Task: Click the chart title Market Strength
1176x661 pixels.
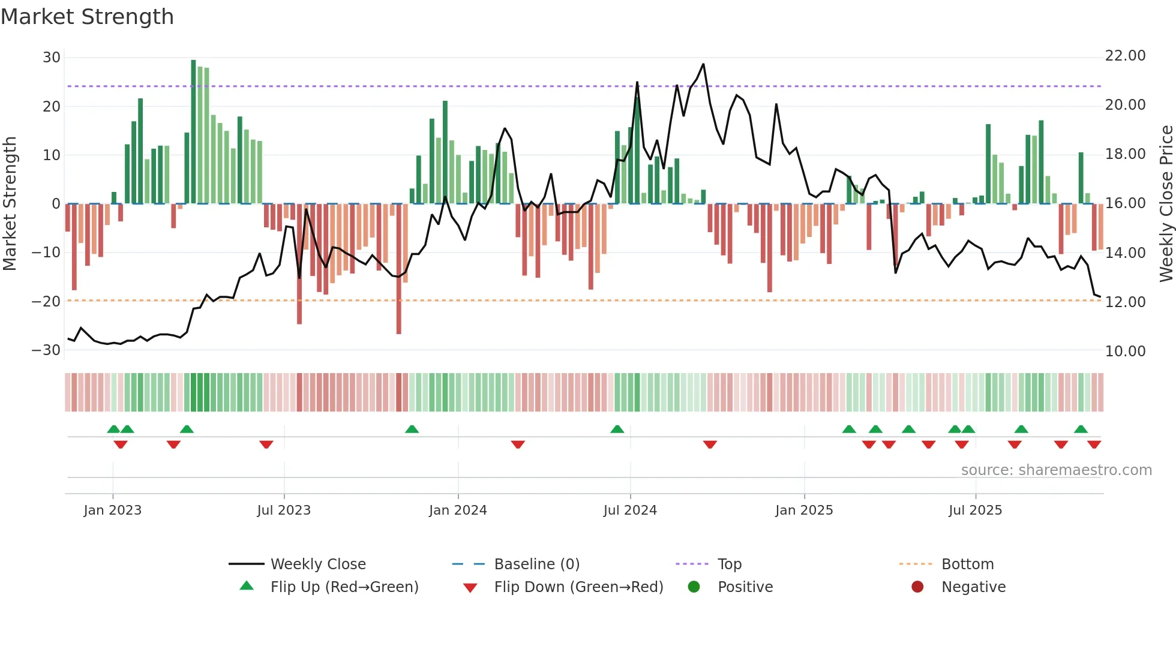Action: point(87,17)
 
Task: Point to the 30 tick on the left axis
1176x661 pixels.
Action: point(52,58)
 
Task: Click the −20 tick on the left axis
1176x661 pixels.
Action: point(47,301)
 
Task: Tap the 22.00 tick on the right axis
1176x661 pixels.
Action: point(1125,56)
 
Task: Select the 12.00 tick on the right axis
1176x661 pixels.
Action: point(1125,302)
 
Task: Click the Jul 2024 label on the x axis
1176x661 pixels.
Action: point(630,510)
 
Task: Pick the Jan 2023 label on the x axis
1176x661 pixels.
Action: point(113,510)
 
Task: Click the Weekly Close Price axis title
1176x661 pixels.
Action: point(1166,203)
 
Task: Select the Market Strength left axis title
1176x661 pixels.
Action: point(10,203)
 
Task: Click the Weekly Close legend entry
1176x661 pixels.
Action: point(318,564)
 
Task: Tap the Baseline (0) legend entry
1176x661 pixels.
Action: point(536,564)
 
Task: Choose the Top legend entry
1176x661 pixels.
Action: point(730,564)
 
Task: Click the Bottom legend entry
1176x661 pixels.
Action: point(967,564)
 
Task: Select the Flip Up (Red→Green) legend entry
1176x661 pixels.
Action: point(344,587)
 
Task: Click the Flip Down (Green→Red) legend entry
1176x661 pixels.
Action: point(578,587)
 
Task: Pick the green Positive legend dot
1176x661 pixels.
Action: point(694,587)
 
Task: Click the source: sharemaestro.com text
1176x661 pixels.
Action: point(1056,470)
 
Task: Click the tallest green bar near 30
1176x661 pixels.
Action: point(193,132)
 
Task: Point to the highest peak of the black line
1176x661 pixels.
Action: point(703,64)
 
